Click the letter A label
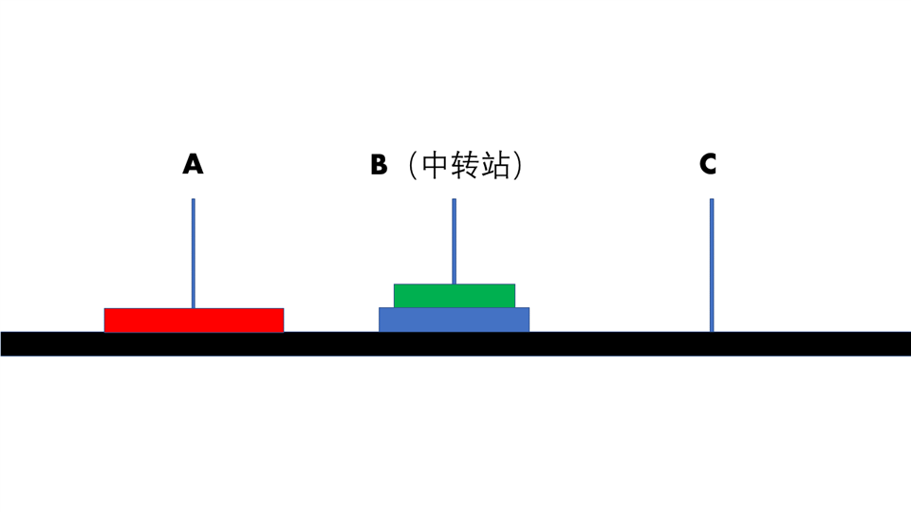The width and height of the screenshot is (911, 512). coord(193,165)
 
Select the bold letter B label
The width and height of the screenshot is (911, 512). coord(379,165)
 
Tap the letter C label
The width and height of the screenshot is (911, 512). coord(708,165)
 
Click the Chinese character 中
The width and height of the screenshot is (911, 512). coord(435,166)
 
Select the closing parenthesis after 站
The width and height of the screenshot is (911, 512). coord(518,166)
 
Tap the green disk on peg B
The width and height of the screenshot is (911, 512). coord(454,296)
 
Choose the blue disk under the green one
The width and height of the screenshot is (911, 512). coord(454,320)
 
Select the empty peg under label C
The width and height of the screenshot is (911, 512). coord(712,265)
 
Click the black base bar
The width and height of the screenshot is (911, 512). coord(455,343)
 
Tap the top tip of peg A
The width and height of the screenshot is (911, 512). coord(194,201)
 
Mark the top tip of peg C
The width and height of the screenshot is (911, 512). coord(712,201)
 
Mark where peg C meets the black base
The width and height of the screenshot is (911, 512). coord(712,330)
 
